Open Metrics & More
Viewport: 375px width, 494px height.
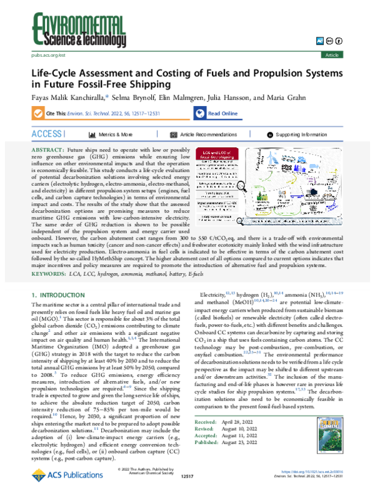tap(116, 134)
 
